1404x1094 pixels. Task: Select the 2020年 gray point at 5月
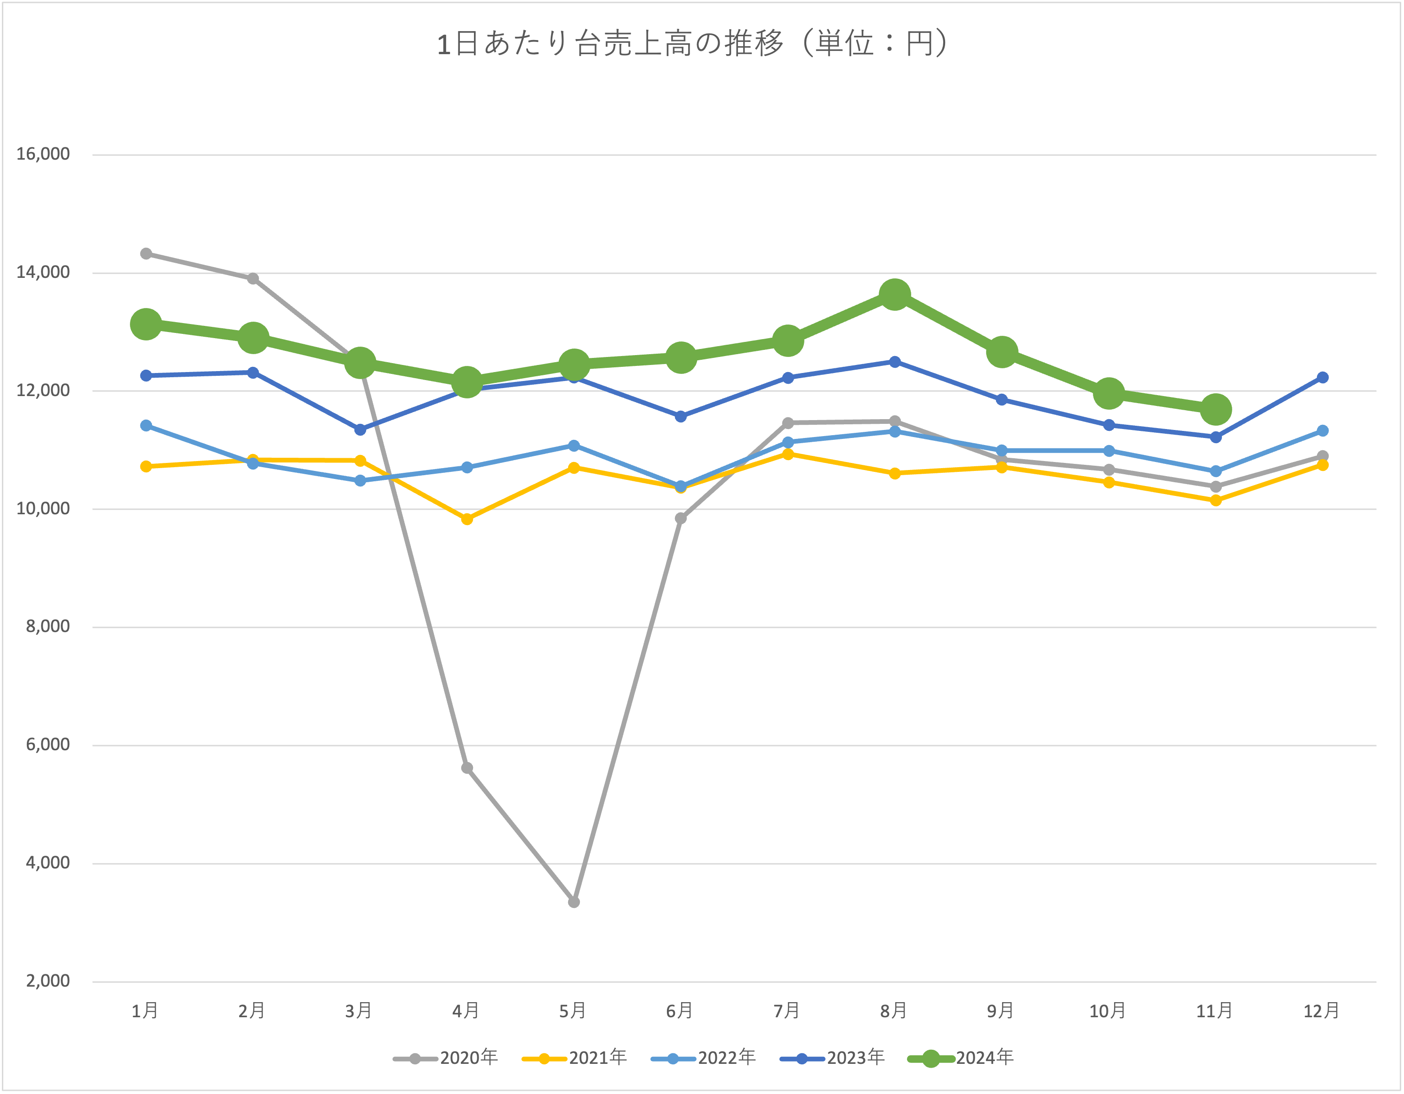tap(574, 902)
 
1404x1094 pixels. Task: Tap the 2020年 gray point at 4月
tap(467, 768)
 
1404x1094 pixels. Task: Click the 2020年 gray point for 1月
tap(146, 253)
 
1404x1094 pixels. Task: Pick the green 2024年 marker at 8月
tap(895, 294)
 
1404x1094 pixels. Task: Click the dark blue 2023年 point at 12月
tap(1323, 378)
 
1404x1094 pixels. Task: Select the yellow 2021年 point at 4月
tap(467, 519)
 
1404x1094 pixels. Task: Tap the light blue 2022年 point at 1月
tap(146, 426)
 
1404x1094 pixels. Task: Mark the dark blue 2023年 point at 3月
tap(360, 429)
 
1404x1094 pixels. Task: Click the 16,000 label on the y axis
tap(43, 154)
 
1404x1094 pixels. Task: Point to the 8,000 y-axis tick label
tap(48, 626)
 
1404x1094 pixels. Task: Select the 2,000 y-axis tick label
tap(48, 981)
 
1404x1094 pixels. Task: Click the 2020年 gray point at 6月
tap(681, 519)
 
